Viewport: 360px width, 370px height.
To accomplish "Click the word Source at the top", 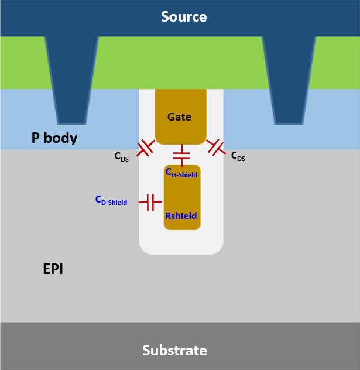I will (184, 17).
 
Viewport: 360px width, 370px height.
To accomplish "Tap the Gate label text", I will (179, 117).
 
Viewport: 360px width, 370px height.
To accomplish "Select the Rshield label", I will (181, 216).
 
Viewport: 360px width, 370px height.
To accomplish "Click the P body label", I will (54, 139).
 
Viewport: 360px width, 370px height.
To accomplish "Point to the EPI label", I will (53, 270).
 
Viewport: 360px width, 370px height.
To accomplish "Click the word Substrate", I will (174, 351).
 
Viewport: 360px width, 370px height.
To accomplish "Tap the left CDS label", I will (122, 157).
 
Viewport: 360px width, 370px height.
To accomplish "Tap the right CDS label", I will (239, 156).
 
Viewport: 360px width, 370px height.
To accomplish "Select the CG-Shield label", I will (181, 173).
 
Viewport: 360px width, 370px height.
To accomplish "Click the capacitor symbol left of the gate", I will (145, 149).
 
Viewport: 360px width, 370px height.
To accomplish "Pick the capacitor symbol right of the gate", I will (216, 147).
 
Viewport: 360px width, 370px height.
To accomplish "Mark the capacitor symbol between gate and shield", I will (181, 155).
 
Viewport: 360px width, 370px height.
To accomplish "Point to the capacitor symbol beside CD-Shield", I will (150, 203).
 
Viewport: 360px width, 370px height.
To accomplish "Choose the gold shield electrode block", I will (182, 196).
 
